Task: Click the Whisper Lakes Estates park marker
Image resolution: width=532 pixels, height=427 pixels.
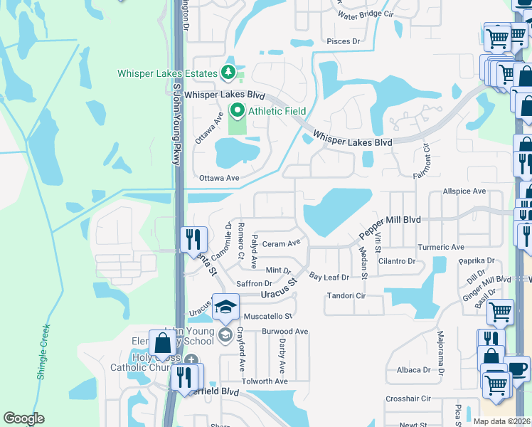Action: pos(228,72)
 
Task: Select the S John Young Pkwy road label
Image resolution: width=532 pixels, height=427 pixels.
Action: pos(177,123)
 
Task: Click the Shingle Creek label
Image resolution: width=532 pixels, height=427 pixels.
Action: pos(42,352)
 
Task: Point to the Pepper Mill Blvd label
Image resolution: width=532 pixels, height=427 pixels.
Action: pos(390,228)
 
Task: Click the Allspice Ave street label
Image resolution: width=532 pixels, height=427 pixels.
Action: pos(464,191)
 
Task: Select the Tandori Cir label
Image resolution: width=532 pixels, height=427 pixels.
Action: pos(345,295)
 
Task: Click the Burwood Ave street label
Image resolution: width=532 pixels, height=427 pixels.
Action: pos(284,332)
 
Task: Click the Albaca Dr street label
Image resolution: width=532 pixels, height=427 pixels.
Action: pos(413,369)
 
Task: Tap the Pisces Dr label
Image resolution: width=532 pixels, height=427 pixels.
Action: pos(344,41)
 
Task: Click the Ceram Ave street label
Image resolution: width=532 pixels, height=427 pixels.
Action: pos(282,243)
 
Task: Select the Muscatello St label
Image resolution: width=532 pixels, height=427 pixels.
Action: pos(268,316)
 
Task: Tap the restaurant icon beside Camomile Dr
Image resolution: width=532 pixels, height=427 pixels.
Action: pos(193,238)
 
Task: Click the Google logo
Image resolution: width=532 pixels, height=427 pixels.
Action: pos(24,418)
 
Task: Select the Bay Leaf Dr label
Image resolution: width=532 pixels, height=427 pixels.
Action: pos(329,277)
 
